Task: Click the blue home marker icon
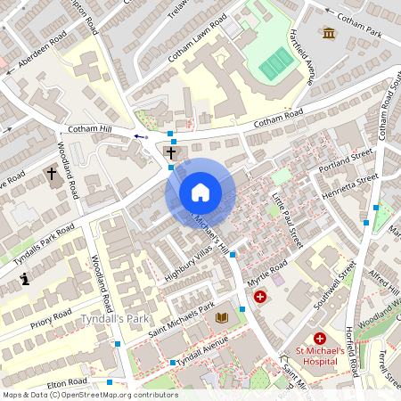coord(200,192)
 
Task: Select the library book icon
coord(222,317)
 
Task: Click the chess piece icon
coord(26,280)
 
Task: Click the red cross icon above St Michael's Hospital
coord(319,339)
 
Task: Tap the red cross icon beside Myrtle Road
coord(259,296)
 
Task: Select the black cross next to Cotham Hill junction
coord(170,153)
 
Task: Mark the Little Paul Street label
coord(287,219)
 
